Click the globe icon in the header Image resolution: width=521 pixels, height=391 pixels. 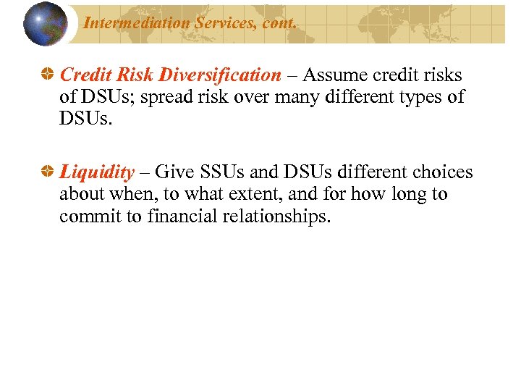click(46, 24)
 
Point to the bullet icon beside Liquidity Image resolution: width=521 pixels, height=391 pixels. click(47, 173)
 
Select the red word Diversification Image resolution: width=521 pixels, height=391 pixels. click(221, 75)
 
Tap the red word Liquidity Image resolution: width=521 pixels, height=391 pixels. click(97, 173)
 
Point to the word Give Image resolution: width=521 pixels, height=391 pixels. click(174, 173)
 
